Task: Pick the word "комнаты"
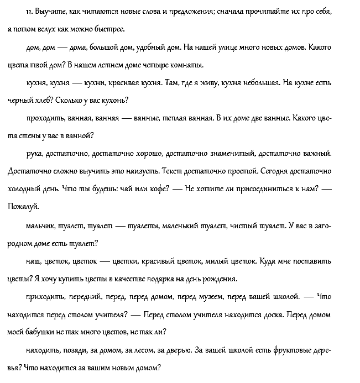click(x=182, y=65)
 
